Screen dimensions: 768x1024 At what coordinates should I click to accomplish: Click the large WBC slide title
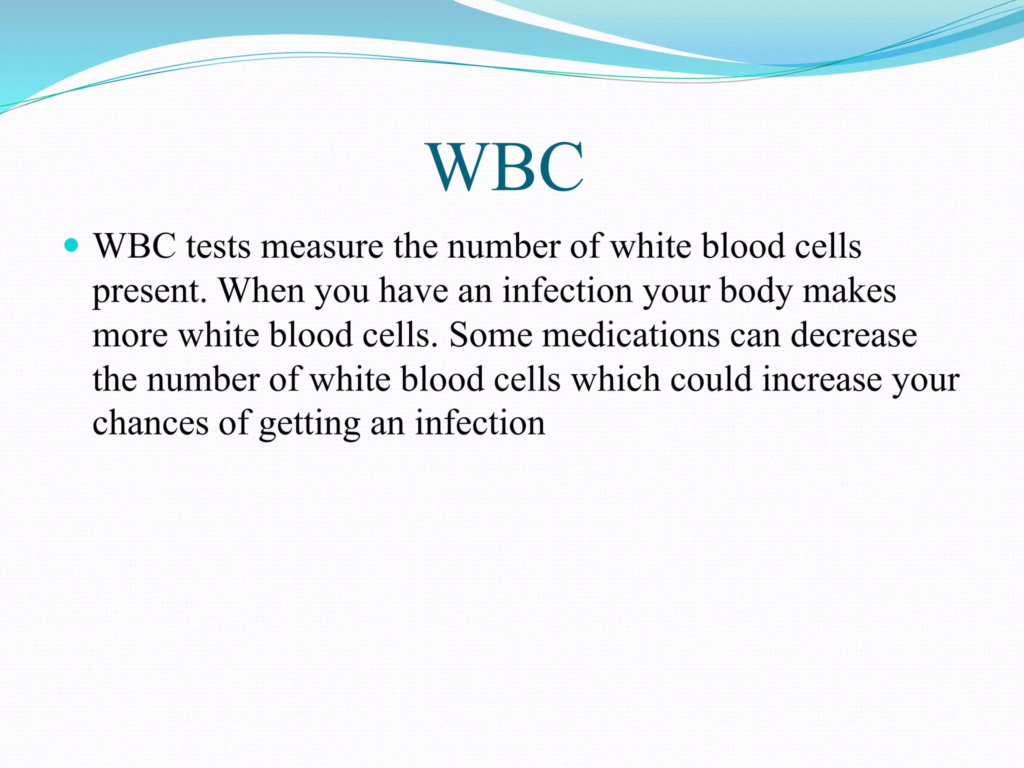[506, 167]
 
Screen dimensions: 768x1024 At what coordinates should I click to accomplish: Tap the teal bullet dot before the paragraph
[72, 245]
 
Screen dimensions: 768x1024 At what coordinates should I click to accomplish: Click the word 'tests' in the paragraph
[218, 247]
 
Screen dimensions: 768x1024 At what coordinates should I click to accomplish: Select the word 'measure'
[322, 247]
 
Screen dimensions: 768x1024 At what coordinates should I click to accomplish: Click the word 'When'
[261, 290]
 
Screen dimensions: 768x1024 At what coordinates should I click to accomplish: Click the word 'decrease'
[853, 334]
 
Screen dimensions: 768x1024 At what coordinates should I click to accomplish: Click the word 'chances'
[150, 423]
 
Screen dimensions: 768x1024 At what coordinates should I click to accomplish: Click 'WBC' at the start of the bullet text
[134, 247]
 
